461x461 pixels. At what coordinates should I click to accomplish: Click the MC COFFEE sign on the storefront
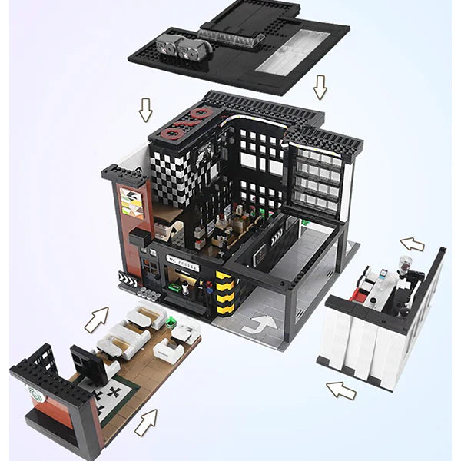click(x=183, y=266)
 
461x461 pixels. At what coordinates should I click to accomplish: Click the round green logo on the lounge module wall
click(x=34, y=395)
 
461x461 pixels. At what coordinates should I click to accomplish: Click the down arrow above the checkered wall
click(x=145, y=110)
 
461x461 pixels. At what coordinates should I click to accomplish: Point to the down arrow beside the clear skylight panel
click(x=320, y=88)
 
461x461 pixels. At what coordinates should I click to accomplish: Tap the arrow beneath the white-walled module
click(x=340, y=390)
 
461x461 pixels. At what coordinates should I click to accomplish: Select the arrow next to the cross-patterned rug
click(x=146, y=422)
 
